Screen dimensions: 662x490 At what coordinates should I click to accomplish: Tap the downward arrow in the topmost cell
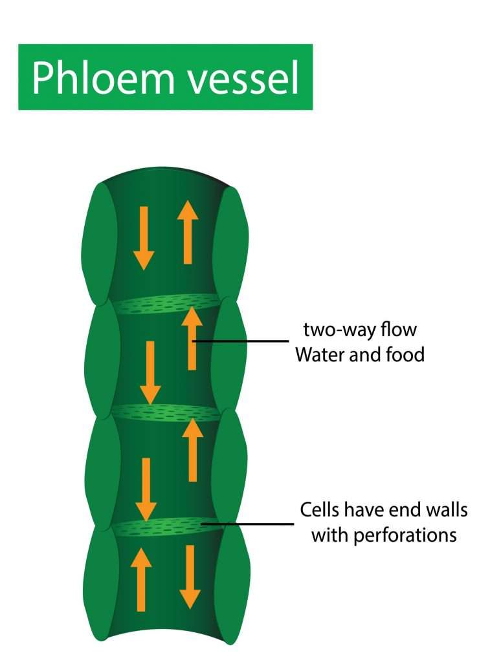143,238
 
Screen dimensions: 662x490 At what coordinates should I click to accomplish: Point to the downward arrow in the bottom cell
190,577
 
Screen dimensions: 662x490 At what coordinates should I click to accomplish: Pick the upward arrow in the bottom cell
141,579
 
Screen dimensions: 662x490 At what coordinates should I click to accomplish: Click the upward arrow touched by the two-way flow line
192,339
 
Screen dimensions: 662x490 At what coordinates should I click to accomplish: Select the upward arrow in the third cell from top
192,450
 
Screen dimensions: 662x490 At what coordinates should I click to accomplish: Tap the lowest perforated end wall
166,527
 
